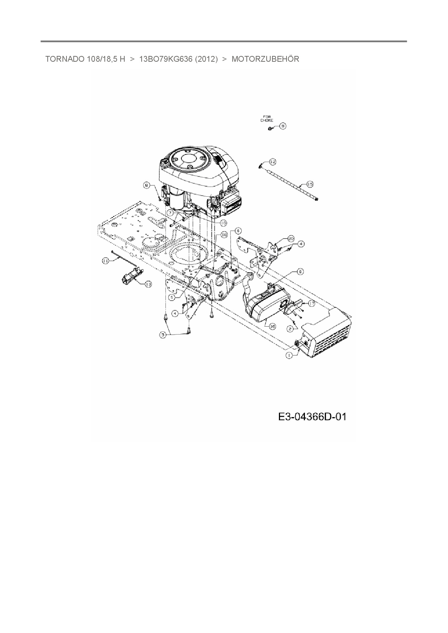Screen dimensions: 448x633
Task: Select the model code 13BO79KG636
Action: click(x=165, y=59)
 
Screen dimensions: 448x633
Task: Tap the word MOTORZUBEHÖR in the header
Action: click(x=265, y=59)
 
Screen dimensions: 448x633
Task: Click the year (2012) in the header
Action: click(x=206, y=59)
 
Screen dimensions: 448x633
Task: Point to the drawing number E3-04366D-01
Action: click(x=312, y=417)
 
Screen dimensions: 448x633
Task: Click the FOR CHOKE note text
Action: click(x=267, y=118)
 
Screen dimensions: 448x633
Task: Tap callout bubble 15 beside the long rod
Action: click(x=309, y=184)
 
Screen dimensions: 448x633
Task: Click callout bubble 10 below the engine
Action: click(x=223, y=223)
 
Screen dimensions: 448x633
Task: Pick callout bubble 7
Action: click(x=171, y=213)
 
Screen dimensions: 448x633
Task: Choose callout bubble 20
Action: click(x=291, y=238)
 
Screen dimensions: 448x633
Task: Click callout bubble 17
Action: click(x=311, y=304)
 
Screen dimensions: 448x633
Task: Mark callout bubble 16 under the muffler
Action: click(x=272, y=326)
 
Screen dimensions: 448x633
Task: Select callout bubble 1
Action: click(x=289, y=355)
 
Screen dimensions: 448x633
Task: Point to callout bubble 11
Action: click(x=105, y=261)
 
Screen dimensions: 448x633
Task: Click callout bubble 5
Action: click(x=172, y=297)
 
